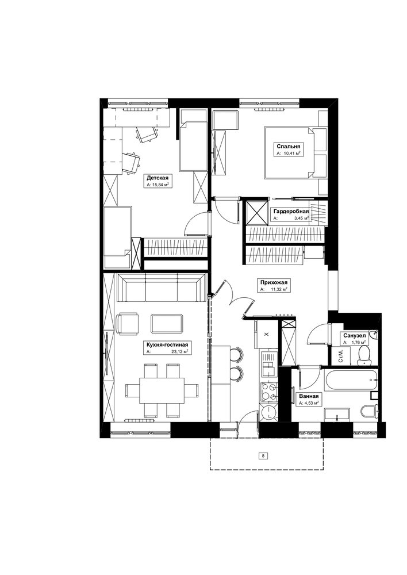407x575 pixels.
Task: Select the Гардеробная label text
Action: click(291, 211)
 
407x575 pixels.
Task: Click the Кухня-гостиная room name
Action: click(167, 344)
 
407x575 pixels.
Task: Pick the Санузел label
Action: click(354, 336)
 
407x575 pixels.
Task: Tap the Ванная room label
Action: click(308, 396)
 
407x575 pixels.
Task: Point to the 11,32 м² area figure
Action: click(278, 289)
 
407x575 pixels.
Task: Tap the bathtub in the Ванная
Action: click(351, 380)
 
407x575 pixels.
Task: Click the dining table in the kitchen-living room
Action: click(162, 390)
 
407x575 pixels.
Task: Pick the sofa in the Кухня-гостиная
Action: click(161, 287)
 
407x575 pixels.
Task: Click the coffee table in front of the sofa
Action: click(167, 323)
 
